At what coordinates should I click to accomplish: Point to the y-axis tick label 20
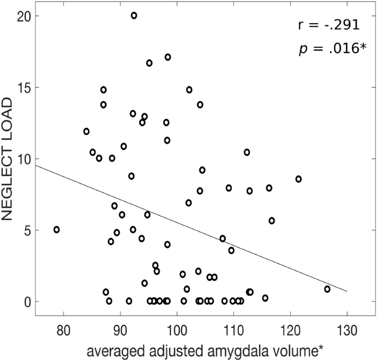click(x=23, y=16)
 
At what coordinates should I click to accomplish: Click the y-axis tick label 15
click(x=23, y=88)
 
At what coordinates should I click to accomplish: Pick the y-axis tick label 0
click(x=26, y=302)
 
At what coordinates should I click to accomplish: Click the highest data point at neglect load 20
click(x=134, y=15)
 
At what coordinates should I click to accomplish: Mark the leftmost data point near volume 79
click(x=57, y=230)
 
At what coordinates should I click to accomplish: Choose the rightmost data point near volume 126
click(x=327, y=289)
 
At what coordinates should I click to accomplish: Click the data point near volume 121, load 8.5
click(x=298, y=179)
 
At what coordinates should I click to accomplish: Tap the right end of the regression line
click(x=347, y=291)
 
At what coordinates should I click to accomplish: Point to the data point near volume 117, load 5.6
click(x=272, y=221)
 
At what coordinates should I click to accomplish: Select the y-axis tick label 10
click(x=23, y=159)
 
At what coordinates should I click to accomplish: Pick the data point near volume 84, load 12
click(x=86, y=132)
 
